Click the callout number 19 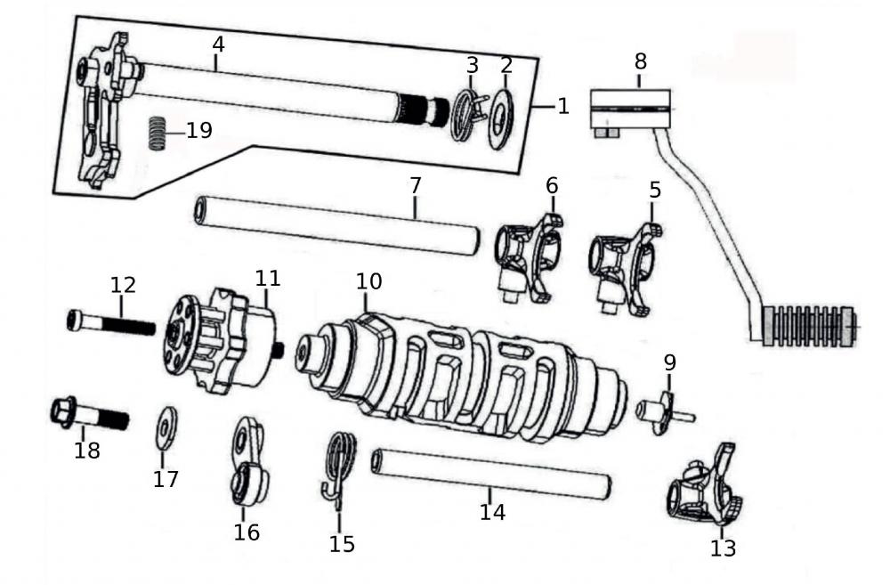coord(199,130)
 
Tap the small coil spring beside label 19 coord(157,134)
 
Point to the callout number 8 coord(641,61)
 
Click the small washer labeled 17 coord(166,427)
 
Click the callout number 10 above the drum coord(368,281)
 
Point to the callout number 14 coord(492,512)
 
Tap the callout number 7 coord(416,185)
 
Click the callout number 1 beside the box coord(562,106)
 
